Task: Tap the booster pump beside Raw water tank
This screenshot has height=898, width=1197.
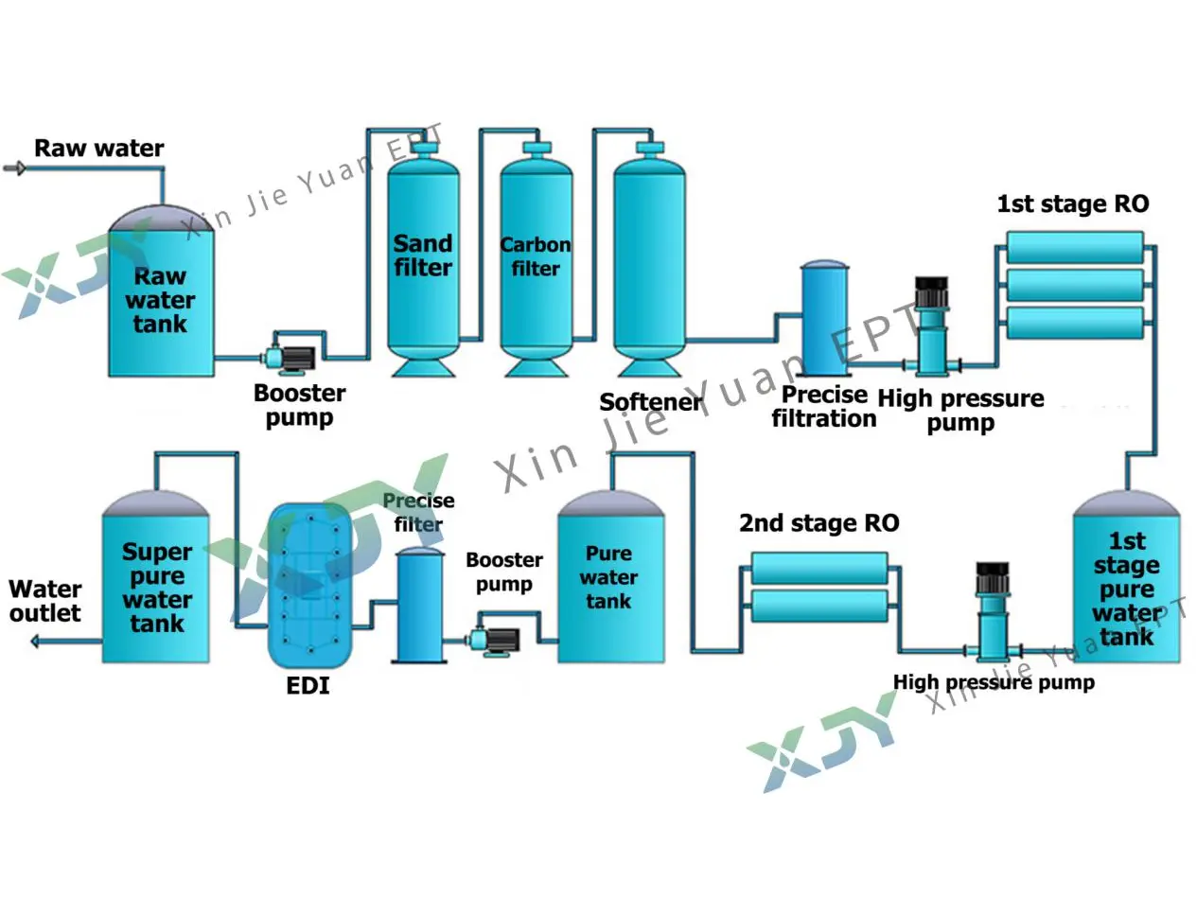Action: [293, 357]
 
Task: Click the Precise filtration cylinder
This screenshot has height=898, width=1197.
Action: [824, 322]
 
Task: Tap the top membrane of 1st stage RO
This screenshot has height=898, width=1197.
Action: [1074, 248]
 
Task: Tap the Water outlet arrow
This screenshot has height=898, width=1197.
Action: [38, 642]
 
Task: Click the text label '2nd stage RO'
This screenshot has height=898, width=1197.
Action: [819, 523]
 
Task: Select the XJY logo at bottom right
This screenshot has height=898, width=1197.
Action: [823, 743]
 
